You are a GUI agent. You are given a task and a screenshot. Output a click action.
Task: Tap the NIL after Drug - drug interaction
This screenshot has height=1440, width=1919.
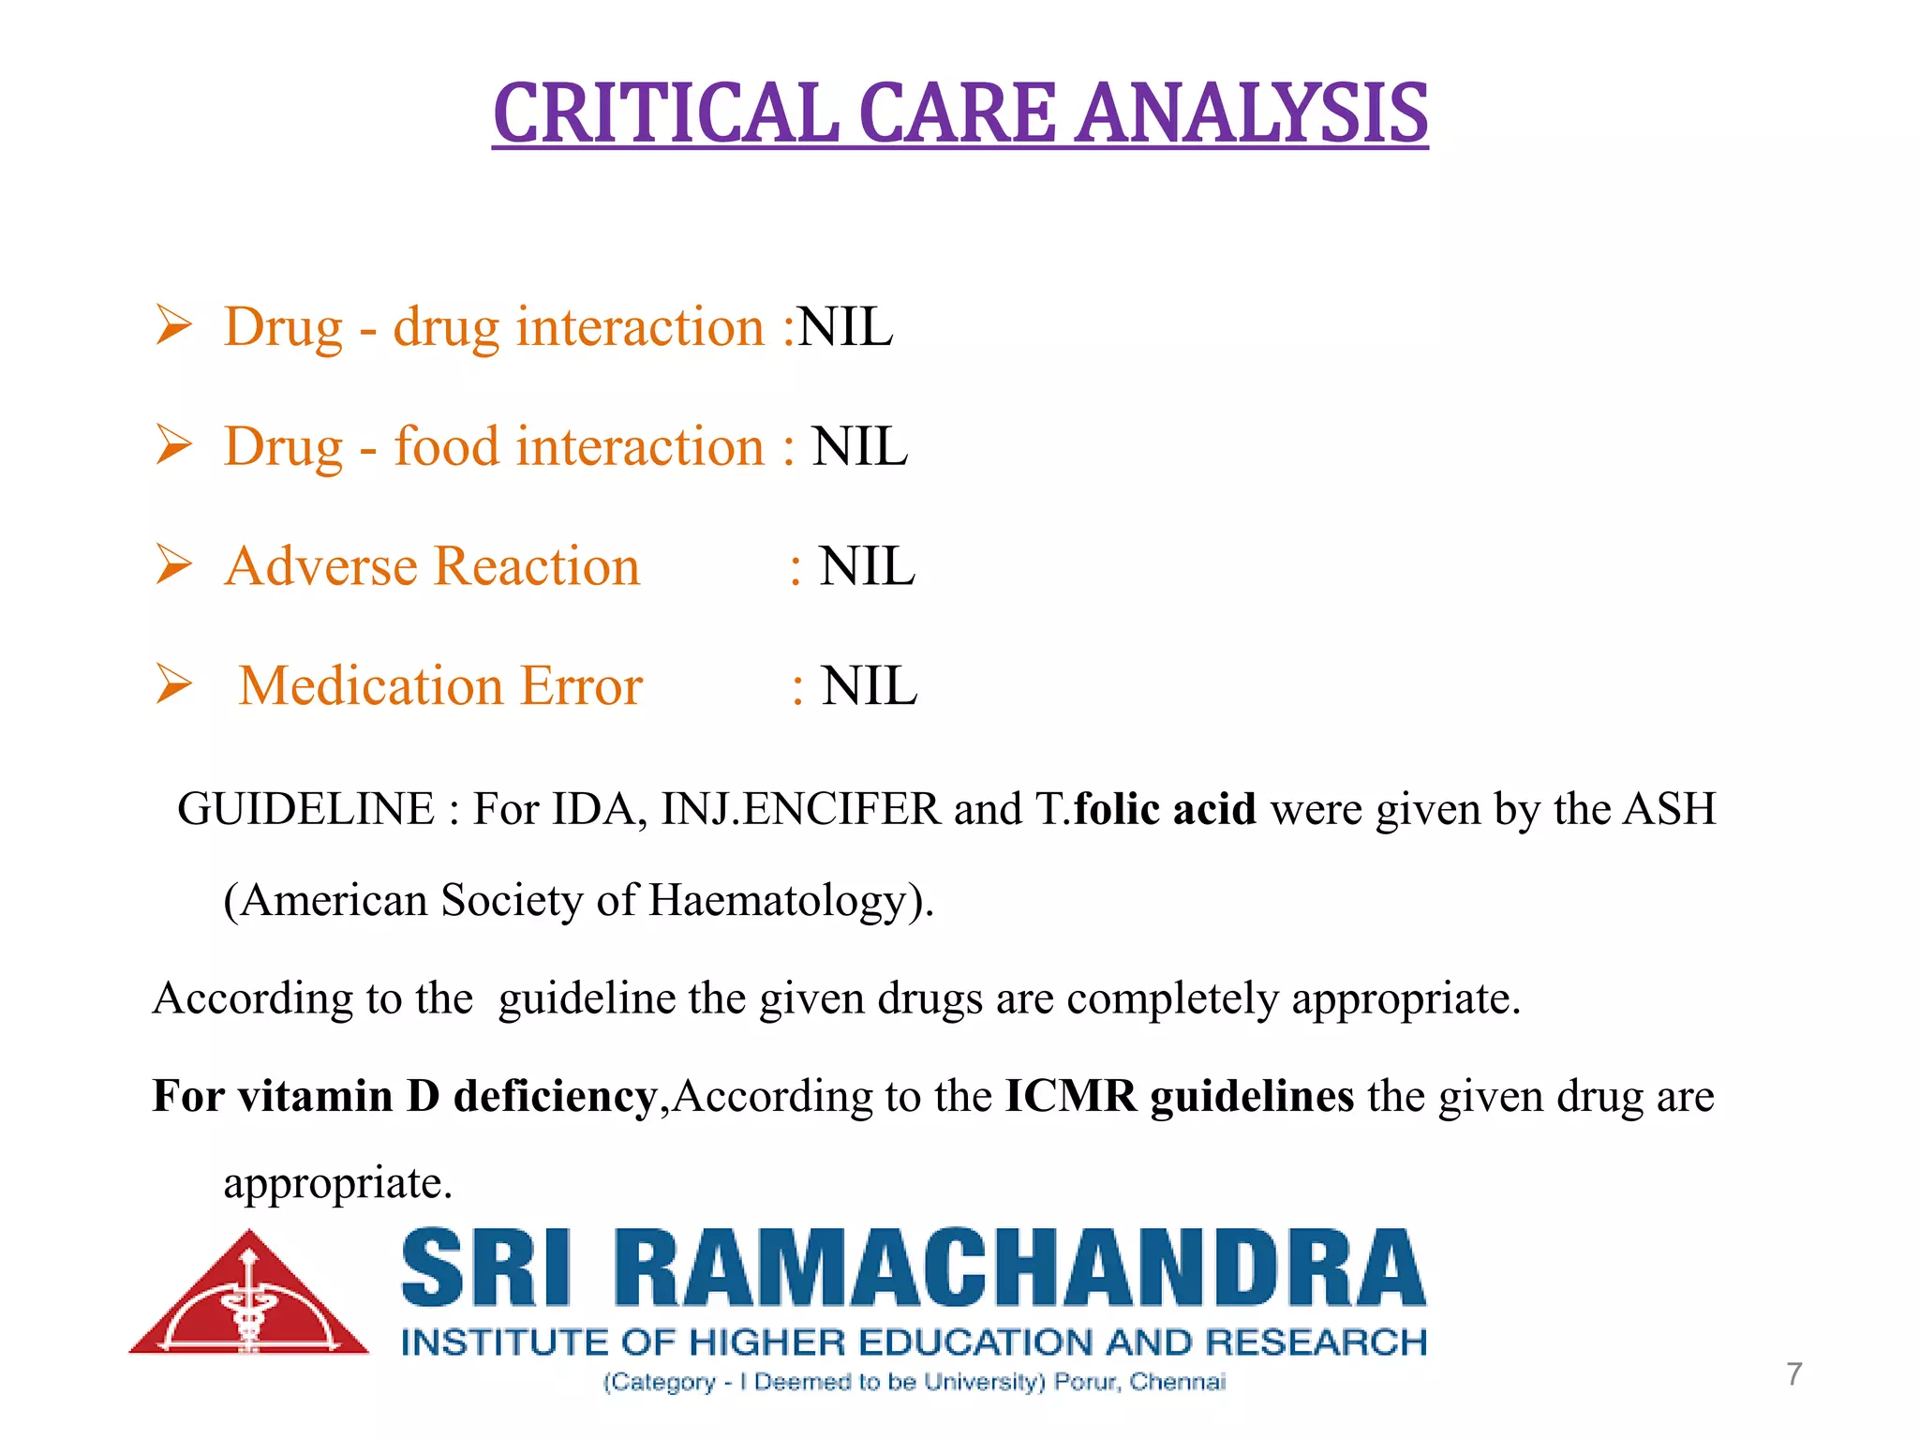click(844, 327)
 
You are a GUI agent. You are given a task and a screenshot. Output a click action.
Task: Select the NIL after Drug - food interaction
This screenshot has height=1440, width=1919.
click(859, 446)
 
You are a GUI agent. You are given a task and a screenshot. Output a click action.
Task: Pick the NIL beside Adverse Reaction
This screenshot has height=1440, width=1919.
click(867, 566)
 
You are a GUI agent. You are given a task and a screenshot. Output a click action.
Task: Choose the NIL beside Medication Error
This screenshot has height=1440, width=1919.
click(869, 685)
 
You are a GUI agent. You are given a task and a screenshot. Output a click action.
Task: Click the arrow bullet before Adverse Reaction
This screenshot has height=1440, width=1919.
click(174, 564)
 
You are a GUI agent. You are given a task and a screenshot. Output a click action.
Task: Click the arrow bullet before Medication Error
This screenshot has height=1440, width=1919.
click(174, 683)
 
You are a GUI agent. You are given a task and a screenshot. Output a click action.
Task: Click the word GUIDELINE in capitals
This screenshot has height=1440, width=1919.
click(305, 809)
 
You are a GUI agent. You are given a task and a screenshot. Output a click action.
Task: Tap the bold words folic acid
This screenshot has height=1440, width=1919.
click(1165, 809)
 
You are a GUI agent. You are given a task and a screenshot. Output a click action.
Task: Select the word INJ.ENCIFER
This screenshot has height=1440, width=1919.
click(800, 809)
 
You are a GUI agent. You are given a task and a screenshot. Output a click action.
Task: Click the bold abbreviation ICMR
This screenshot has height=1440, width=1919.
click(1071, 1095)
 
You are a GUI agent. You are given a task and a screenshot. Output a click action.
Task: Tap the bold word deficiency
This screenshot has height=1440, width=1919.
click(555, 1095)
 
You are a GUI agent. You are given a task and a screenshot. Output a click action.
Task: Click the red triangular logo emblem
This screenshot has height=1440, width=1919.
click(249, 1298)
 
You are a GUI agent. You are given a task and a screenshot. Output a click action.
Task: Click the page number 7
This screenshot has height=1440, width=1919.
click(1793, 1374)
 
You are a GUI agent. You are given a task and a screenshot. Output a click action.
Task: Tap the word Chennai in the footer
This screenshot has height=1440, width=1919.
click(1177, 1382)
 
